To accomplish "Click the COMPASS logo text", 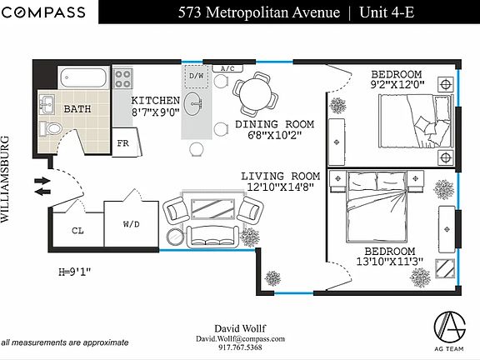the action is click(43, 12).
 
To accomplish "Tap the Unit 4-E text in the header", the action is click(387, 12).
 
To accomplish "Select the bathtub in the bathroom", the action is click(83, 77).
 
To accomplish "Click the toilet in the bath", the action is click(51, 128).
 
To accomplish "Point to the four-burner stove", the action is click(123, 78).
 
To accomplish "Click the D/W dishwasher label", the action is click(196, 76).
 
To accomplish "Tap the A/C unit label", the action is click(227, 68).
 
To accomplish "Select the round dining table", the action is click(254, 93).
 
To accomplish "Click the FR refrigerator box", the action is click(127, 142).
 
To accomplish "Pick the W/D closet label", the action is click(132, 224).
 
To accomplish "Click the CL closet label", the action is click(77, 231).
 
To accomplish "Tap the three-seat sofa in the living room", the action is click(213, 237).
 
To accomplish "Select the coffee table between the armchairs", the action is click(213, 209).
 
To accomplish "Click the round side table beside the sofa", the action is click(175, 237).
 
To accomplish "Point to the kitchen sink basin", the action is click(193, 104).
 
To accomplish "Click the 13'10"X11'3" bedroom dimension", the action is click(390, 262).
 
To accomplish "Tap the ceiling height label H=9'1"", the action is click(75, 272).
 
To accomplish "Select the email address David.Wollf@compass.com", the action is click(240, 339).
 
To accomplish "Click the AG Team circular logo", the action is click(450, 327).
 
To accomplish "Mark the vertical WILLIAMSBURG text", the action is click(5, 179).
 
